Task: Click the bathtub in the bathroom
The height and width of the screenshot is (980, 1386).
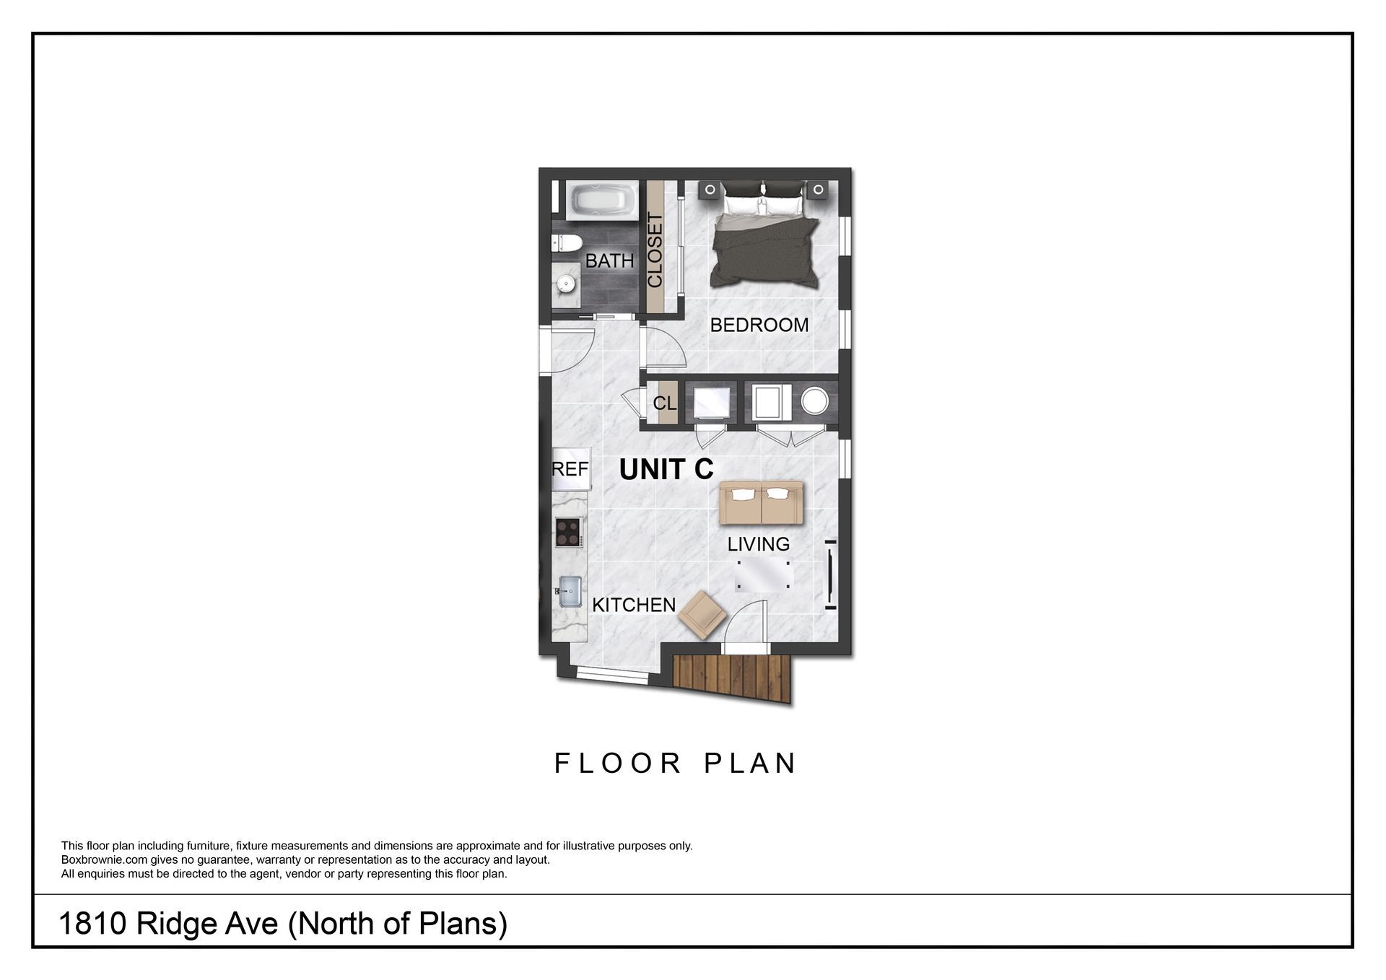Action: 603,201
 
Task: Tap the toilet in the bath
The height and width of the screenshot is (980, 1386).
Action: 564,242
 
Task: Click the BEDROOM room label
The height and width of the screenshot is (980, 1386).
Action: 759,325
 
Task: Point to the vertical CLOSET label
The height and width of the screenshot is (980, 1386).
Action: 655,250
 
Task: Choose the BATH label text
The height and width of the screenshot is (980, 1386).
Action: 609,261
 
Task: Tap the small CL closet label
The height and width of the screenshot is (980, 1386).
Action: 665,403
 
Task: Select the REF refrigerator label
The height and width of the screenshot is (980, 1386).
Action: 570,469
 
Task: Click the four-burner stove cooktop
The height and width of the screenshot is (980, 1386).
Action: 568,533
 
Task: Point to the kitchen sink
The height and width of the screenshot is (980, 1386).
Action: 570,590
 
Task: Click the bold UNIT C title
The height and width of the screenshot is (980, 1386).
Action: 666,470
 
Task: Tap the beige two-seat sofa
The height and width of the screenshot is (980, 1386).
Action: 761,503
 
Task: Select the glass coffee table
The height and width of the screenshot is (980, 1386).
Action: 762,575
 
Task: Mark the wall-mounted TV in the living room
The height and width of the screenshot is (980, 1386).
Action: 830,574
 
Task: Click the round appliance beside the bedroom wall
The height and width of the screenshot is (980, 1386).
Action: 814,401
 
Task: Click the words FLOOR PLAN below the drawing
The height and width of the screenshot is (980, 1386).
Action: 675,764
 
